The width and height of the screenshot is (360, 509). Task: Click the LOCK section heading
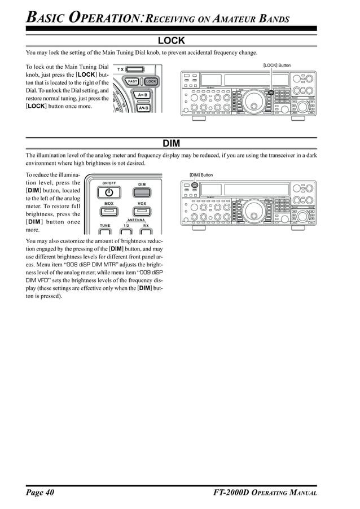pos(171,41)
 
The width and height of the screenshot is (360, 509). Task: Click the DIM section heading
pos(171,143)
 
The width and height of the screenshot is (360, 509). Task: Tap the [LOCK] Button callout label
pos(276,65)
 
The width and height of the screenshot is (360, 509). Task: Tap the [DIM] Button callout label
pos(201,175)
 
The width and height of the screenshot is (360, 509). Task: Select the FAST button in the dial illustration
pos(132,81)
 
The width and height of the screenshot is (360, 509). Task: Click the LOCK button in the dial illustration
pos(151,81)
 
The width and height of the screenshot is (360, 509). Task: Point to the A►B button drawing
pos(143,95)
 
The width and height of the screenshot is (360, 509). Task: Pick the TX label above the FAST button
pos(121,69)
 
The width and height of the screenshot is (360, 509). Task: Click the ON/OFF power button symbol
pos(109,192)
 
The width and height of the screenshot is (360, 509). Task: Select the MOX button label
pos(109,203)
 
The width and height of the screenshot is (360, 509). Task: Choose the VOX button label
pos(142,203)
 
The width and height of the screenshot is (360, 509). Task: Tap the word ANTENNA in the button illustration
pos(137,220)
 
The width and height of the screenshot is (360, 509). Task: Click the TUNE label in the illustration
pos(105,225)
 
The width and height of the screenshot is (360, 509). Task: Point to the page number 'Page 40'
pos(40,493)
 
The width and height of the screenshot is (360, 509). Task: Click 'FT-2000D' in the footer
pos(232,493)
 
